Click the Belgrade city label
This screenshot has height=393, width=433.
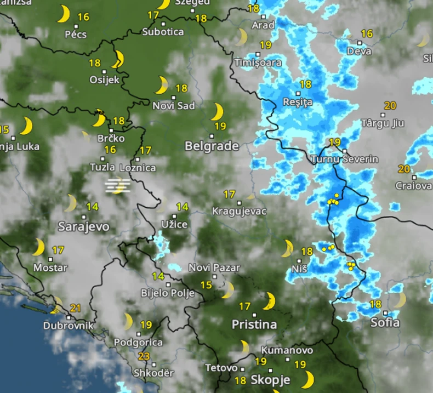pos(212,146)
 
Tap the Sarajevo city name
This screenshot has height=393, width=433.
pos(84,226)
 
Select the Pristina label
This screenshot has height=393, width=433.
pos(254,324)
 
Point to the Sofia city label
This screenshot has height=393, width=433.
pos(385,322)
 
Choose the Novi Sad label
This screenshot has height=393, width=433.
pos(174,106)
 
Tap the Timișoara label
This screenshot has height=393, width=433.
pos(258,62)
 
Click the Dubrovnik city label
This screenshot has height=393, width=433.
pos(69,326)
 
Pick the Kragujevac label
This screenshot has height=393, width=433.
pos(239,211)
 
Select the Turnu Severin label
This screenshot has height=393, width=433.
pos(344,159)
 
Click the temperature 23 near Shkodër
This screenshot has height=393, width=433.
pos(144,356)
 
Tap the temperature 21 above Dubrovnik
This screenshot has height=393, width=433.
pos(76,307)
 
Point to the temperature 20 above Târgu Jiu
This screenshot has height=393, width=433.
pos(390,106)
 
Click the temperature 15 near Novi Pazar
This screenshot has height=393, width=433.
pos(206,284)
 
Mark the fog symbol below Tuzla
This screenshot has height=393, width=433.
pos(118,186)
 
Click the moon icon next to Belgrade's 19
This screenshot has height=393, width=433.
pos(218,112)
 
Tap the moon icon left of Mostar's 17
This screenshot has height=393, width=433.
pos(38,247)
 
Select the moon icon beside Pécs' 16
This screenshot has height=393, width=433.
pos(64,14)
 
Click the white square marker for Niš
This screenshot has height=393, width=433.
pos(299,260)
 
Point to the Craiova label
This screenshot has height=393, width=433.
pos(413,186)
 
